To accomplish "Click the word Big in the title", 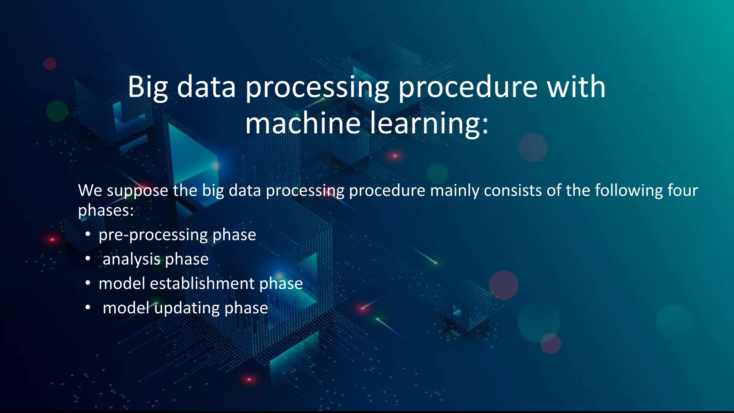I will [x=148, y=87].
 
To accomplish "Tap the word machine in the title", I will [x=302, y=123].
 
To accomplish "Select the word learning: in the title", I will [x=429, y=124].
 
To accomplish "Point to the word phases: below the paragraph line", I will [x=106, y=210].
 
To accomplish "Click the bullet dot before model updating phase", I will [x=88, y=308].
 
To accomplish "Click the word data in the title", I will [x=206, y=87].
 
